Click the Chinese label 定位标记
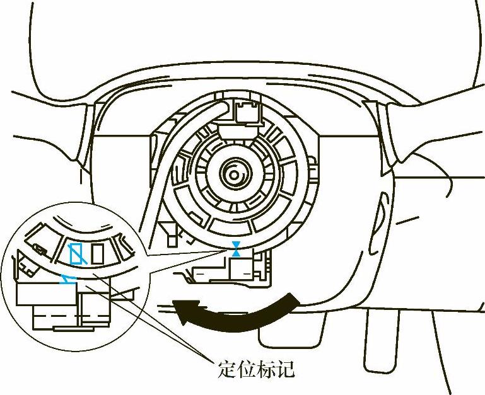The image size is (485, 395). click(x=255, y=368)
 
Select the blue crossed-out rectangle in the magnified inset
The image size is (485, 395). click(x=76, y=254)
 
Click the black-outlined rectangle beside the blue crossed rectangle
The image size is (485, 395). click(x=98, y=254)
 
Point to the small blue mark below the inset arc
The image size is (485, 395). click(x=66, y=279)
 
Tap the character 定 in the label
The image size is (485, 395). click(x=226, y=368)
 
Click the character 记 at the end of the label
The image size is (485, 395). click(x=285, y=368)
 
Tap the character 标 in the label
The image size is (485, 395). click(x=266, y=368)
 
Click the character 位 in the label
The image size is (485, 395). click(x=245, y=368)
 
